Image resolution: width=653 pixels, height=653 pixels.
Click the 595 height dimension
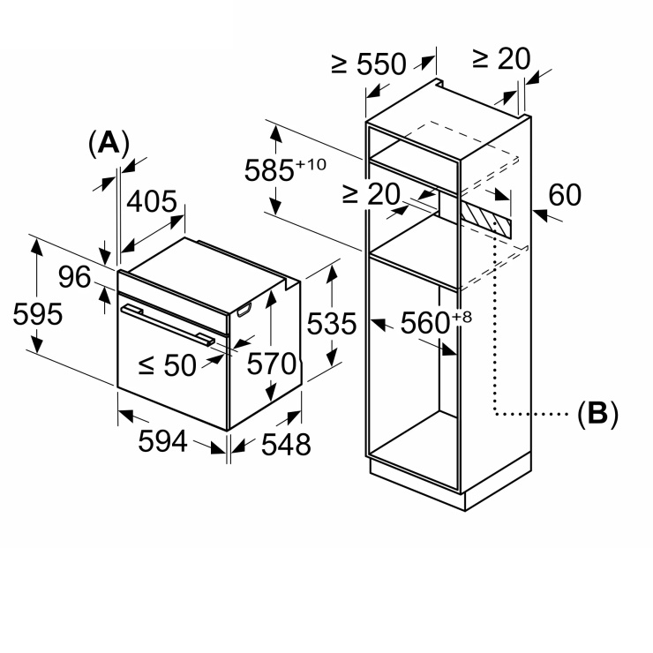(38, 314)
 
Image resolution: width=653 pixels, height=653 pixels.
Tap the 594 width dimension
(163, 441)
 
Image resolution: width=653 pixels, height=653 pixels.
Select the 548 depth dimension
(286, 445)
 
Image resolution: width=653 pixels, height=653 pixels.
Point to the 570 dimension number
(272, 364)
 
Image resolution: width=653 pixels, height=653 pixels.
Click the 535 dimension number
(332, 323)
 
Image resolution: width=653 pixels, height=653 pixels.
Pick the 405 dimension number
(152, 201)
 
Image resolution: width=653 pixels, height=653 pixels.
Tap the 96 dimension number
(74, 277)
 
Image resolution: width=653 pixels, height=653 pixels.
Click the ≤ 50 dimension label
(168, 365)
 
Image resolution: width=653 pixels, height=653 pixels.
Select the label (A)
(109, 144)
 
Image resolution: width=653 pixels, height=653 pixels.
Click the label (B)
(598, 414)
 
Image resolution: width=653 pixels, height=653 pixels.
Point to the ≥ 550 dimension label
(369, 64)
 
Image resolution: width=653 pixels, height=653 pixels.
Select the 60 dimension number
(565, 194)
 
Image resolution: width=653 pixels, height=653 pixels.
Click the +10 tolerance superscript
(311, 164)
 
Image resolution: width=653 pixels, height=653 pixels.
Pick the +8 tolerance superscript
(462, 317)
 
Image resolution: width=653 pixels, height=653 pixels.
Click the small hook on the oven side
(244, 310)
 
